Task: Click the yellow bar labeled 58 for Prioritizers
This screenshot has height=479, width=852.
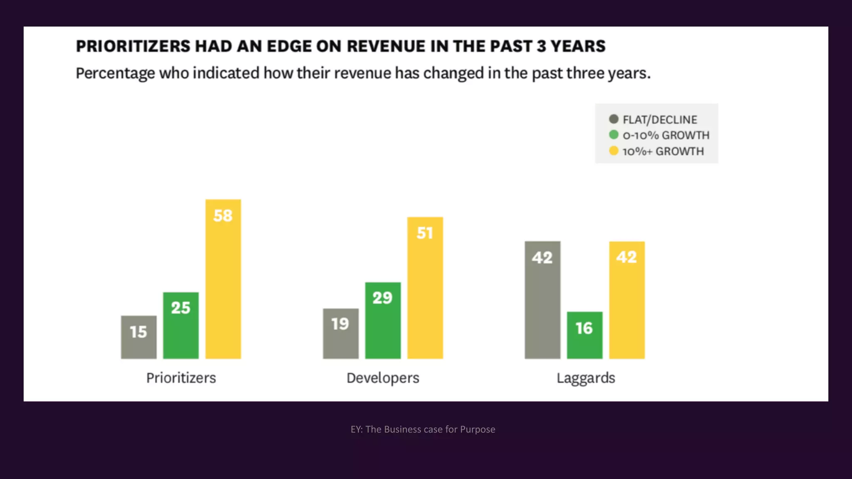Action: [223, 279]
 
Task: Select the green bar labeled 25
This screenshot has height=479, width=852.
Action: [181, 326]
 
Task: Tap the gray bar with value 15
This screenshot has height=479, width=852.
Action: [139, 337]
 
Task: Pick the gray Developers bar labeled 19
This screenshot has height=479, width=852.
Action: [341, 333]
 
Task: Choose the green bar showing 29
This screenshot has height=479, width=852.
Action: [383, 321]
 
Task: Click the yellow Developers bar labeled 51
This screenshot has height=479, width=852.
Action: [425, 288]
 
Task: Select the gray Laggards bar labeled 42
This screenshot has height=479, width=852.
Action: [542, 300]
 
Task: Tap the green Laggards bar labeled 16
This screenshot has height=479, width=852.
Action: [585, 335]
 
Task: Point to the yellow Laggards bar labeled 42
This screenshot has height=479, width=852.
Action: [627, 300]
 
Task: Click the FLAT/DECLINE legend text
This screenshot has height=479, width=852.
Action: [660, 120]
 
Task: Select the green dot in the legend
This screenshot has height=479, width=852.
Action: [614, 135]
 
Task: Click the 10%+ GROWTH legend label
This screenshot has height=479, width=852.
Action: [663, 151]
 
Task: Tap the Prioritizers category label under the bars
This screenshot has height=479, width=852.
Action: [181, 378]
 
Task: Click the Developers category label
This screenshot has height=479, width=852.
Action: [383, 378]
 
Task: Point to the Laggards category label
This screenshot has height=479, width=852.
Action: [586, 378]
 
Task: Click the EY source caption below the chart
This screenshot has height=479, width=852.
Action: [423, 429]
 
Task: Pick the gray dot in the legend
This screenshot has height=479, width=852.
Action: [614, 119]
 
